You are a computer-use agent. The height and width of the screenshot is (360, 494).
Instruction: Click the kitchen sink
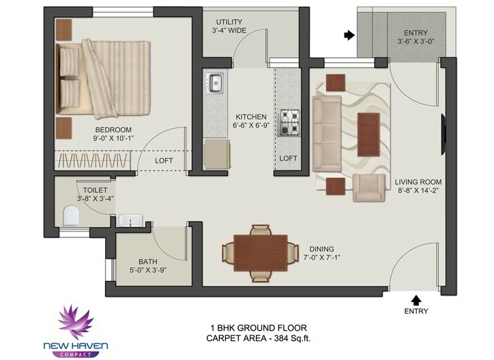(x=214, y=82)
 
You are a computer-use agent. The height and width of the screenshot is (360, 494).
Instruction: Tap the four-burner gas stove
(x=288, y=123)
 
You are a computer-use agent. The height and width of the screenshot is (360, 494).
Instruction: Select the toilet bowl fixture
(x=71, y=216)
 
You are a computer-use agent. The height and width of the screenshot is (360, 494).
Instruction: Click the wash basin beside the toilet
(x=130, y=220)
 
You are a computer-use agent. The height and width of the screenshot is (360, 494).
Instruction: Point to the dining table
(x=261, y=253)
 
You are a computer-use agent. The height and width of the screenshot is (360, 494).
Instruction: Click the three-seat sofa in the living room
(x=327, y=134)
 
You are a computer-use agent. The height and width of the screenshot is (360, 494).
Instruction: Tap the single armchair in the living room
(x=369, y=187)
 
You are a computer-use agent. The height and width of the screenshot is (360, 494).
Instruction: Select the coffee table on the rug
(x=368, y=135)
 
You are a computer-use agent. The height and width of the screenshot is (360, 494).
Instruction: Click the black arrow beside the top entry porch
(x=349, y=35)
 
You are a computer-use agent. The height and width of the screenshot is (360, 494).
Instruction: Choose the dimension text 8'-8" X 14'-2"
(x=418, y=190)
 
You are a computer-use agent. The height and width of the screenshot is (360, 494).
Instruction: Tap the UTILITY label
(x=229, y=22)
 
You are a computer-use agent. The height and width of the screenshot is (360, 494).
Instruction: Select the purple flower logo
(x=76, y=322)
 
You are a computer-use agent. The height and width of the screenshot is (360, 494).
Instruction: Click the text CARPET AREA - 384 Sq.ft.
(x=259, y=339)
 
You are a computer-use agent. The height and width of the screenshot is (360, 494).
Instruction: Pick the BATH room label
(x=148, y=262)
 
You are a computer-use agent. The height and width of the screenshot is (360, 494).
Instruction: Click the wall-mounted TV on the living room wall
(x=443, y=134)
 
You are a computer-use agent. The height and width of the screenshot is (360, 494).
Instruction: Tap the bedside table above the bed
(x=64, y=29)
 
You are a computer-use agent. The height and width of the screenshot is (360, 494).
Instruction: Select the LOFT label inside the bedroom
(x=164, y=161)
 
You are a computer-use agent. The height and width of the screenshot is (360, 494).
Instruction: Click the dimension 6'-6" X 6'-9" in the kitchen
(x=251, y=125)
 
